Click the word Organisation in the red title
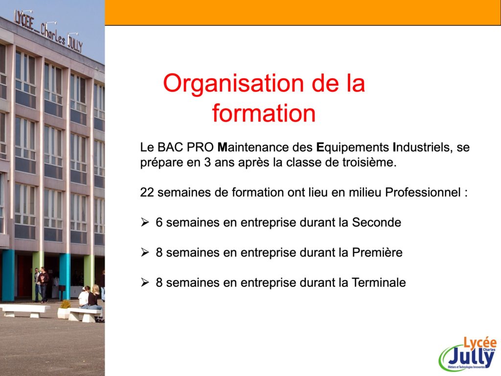233,84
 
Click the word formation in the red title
264,113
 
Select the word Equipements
352,148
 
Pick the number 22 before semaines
147,193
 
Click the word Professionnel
423,192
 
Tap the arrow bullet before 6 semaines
145,222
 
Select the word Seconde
376,223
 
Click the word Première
377,253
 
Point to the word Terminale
379,282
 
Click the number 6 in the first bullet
159,223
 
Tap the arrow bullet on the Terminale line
145,282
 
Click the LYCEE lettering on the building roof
24,21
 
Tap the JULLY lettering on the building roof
75,44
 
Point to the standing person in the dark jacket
43,284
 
